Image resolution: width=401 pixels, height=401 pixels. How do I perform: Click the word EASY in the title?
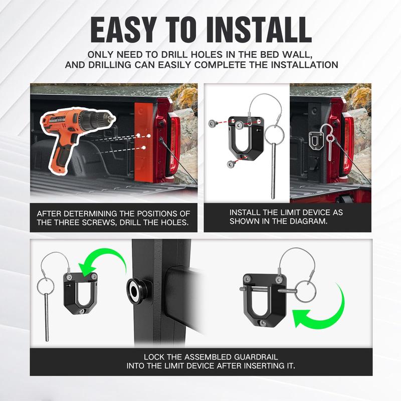coord(123,30)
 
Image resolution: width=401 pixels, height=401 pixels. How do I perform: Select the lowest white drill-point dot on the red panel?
coord(144,147)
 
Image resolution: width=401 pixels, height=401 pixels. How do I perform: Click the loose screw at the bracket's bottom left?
coord(231,164)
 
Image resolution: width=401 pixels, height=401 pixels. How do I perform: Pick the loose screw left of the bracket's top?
coord(213,123)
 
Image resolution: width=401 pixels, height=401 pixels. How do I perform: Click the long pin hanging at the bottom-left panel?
coord(46,318)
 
